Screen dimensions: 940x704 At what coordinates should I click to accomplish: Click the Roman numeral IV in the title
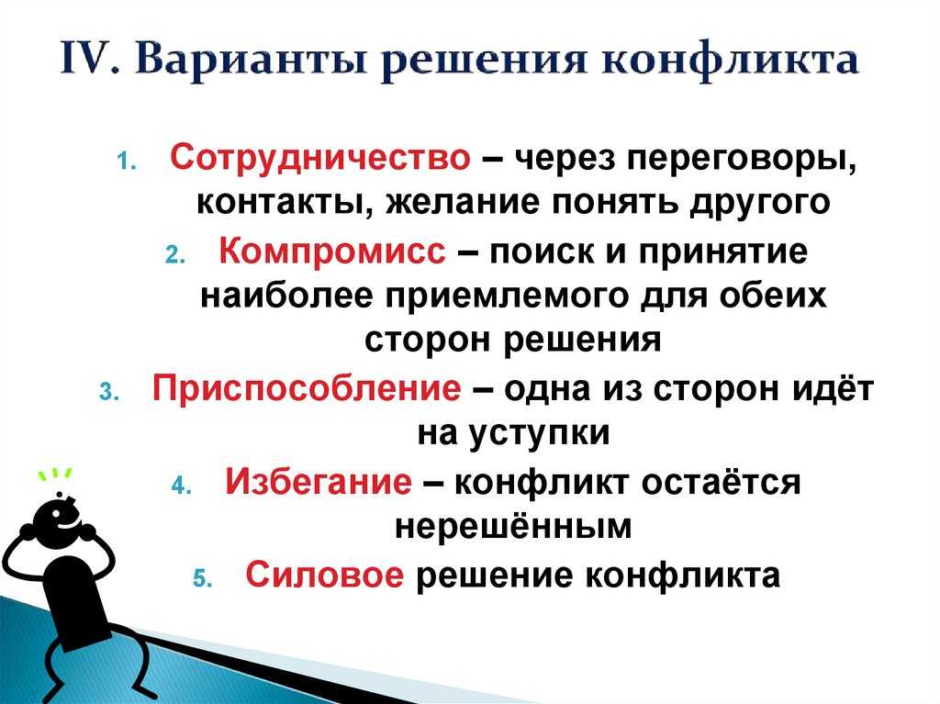coord(87,59)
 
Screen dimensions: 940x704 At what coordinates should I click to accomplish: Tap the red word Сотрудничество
coord(320,158)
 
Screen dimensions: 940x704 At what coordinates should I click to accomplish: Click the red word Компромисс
coord(332,251)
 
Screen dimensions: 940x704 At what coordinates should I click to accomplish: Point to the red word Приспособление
coord(307,388)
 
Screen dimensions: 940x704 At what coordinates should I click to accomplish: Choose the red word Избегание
coord(319,481)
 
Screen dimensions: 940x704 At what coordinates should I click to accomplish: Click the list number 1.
coord(124,162)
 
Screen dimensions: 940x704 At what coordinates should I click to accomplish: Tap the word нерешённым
coord(513,525)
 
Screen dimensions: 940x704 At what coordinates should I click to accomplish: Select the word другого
coord(760,204)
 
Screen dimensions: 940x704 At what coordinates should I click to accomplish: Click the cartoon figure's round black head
coord(57,516)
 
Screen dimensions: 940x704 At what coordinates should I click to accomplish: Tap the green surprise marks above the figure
coord(55,474)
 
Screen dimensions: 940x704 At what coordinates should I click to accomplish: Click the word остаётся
coord(721,481)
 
